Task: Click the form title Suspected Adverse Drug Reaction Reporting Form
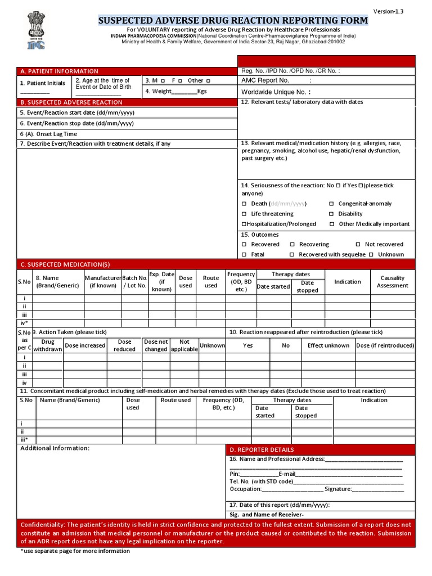[233, 21]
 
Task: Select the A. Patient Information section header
[59, 71]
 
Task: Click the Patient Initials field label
[43, 83]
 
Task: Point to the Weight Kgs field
[176, 91]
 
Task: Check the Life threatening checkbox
[244, 214]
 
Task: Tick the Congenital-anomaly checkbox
[331, 204]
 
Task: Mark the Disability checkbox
[331, 214]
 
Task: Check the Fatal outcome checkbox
[244, 255]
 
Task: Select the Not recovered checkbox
[358, 245]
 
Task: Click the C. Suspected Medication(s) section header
[65, 264]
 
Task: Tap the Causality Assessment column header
[392, 282]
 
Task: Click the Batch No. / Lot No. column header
[134, 282]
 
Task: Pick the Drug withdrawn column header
[48, 345]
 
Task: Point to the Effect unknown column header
[328, 346]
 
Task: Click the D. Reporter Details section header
[262, 450]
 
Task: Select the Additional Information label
[55, 448]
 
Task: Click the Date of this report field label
[280, 505]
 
